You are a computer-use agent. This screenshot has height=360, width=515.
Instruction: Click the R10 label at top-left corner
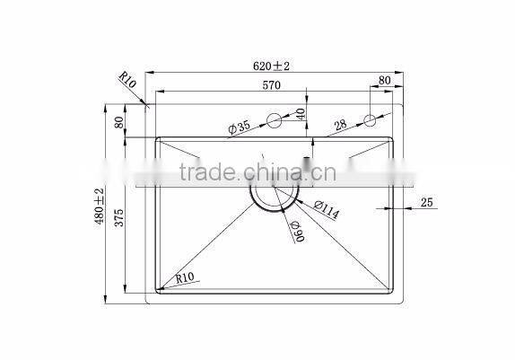click(127, 85)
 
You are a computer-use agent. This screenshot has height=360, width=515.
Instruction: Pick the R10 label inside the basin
click(187, 278)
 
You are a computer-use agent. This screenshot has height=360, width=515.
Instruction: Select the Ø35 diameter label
click(240, 128)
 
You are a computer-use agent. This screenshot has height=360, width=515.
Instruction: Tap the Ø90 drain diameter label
click(296, 232)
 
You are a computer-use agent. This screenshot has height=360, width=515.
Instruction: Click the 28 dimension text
click(341, 125)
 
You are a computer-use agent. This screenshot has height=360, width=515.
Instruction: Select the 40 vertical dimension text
click(301, 114)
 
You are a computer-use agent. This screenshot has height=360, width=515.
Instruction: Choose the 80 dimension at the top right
click(385, 81)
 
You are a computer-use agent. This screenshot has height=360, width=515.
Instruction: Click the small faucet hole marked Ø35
click(274, 120)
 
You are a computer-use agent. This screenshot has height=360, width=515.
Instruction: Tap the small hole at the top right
click(369, 120)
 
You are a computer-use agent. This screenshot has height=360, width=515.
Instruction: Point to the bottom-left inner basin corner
click(161, 290)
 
